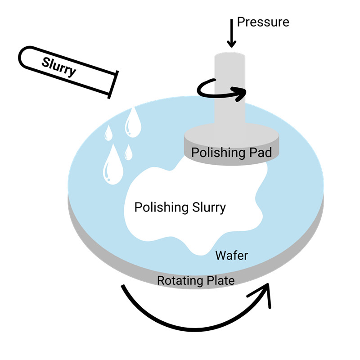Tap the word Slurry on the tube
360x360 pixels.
(x=58, y=67)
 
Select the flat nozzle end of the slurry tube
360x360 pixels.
(x=112, y=84)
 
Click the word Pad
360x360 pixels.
(x=260, y=153)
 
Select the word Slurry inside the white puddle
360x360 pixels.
(x=208, y=207)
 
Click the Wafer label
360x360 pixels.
(x=231, y=256)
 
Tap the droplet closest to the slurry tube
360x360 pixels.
(x=133, y=121)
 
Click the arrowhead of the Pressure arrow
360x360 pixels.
(x=231, y=44)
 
